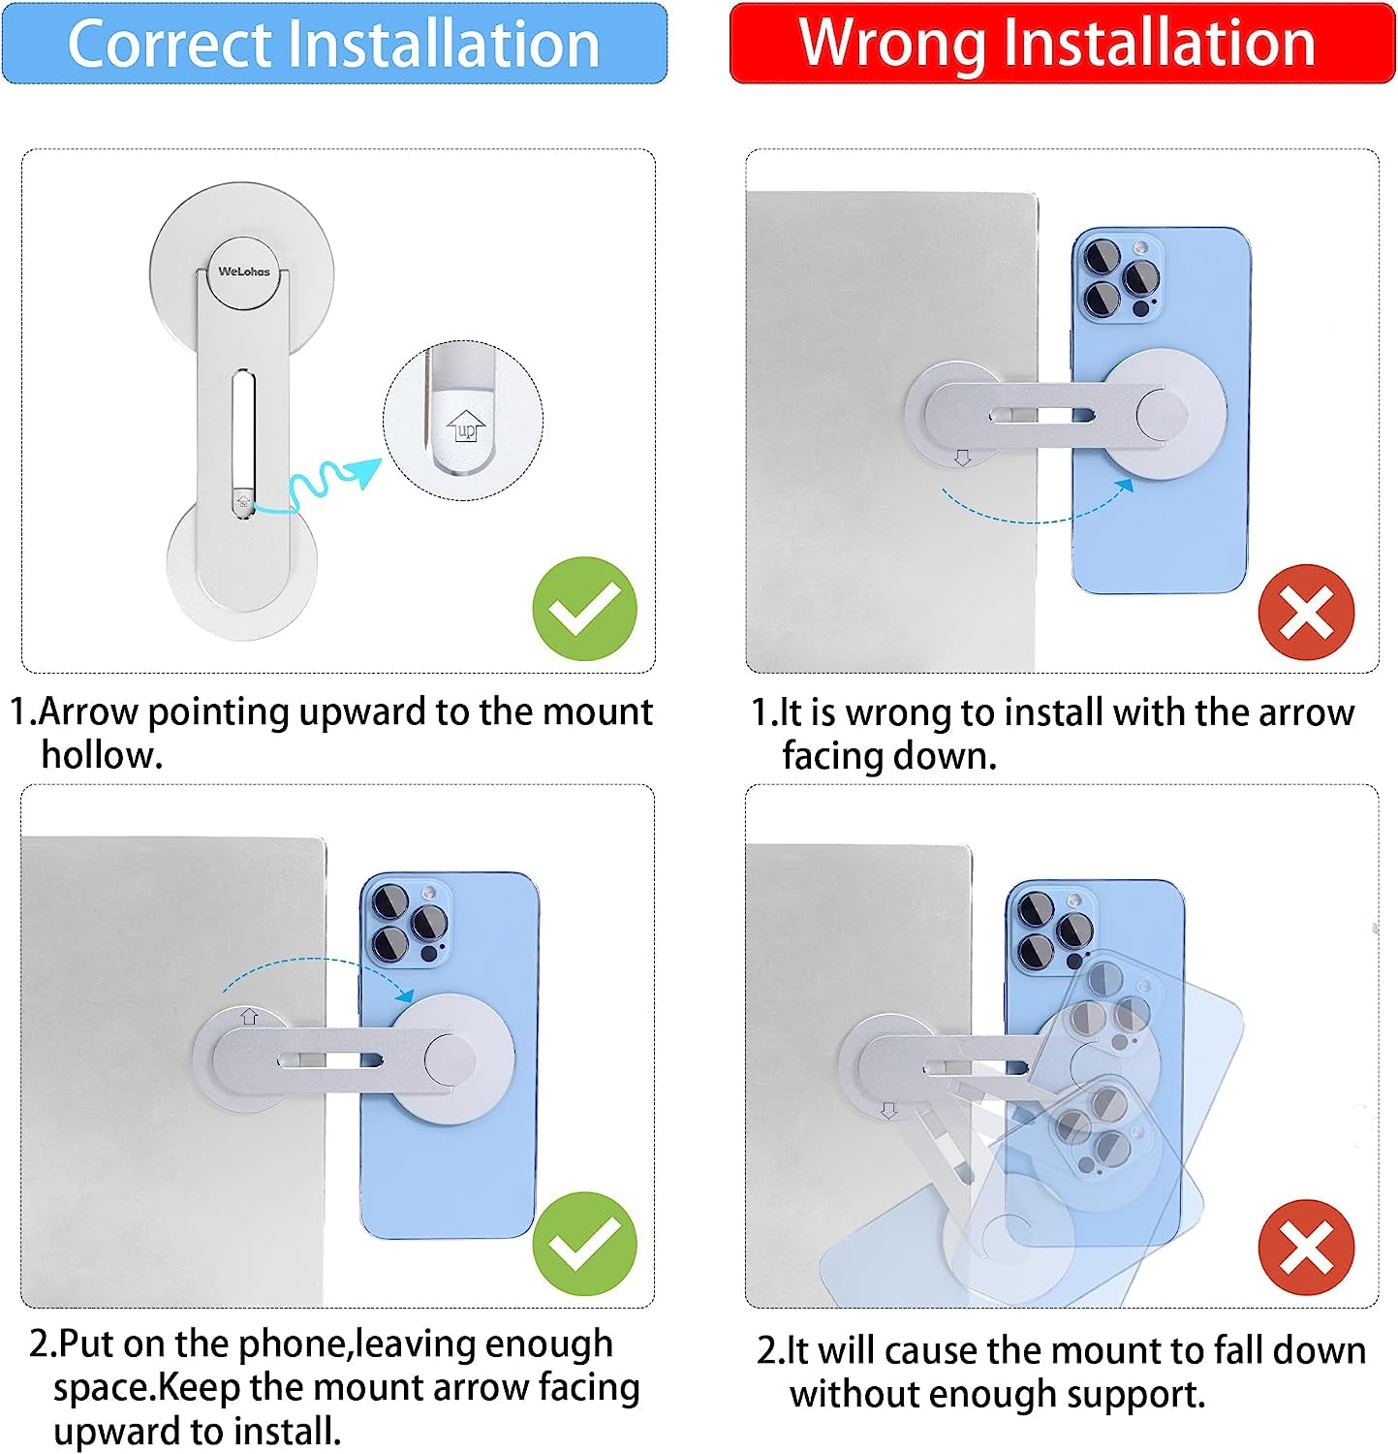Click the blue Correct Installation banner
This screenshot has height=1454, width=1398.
point(334,43)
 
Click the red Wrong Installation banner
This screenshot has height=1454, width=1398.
point(1062,43)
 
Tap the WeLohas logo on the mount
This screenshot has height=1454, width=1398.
point(244,271)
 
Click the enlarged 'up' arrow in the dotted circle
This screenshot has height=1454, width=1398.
point(467,425)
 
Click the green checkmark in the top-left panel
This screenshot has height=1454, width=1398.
point(584,609)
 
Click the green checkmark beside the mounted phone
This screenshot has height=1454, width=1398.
point(584,1244)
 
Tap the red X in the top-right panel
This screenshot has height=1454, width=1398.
point(1306,613)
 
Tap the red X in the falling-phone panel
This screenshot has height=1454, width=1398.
point(1306,1248)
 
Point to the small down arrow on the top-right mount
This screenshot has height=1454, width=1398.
point(962,458)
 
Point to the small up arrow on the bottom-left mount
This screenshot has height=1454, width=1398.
point(249,1017)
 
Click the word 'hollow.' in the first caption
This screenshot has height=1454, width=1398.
point(102,755)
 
